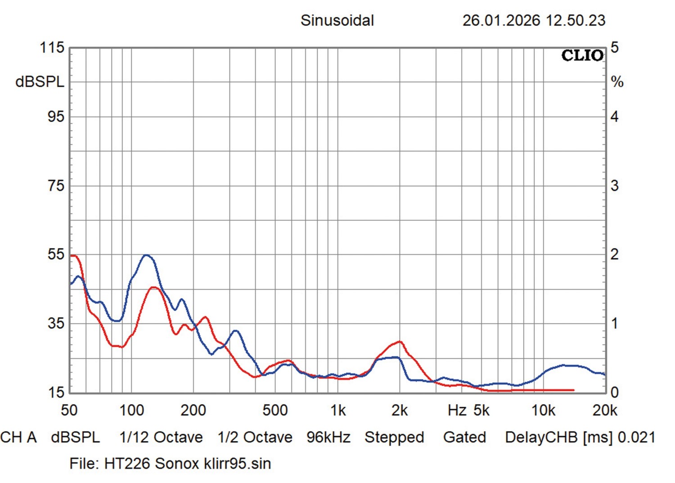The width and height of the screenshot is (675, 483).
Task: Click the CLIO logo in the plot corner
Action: point(582,55)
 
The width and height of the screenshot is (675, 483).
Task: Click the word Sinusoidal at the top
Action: point(337,20)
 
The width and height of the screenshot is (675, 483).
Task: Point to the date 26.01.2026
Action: point(501,20)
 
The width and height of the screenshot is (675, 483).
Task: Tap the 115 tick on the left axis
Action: point(53,48)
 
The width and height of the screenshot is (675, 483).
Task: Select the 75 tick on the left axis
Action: point(56,186)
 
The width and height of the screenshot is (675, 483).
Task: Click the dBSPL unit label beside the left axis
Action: point(40,82)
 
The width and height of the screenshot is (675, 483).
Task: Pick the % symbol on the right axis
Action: point(617,82)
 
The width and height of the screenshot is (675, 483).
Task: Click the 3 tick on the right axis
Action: point(614,186)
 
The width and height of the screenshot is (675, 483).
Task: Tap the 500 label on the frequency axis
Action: point(275,410)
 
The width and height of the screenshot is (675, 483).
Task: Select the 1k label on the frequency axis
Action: point(338,410)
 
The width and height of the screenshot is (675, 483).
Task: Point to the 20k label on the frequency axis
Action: point(605,410)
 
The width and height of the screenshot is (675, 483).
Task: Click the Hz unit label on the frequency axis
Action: point(457,410)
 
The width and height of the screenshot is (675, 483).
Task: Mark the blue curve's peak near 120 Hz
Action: point(146,255)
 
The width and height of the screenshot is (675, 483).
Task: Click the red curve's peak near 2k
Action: point(399,342)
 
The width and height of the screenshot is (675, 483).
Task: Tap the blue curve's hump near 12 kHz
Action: point(565,365)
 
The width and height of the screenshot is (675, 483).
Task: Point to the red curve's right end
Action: point(573,390)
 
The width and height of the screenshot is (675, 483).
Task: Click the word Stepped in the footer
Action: point(394,437)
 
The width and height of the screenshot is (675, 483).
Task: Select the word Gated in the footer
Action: point(464,437)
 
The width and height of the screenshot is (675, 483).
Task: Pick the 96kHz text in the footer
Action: point(328,437)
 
